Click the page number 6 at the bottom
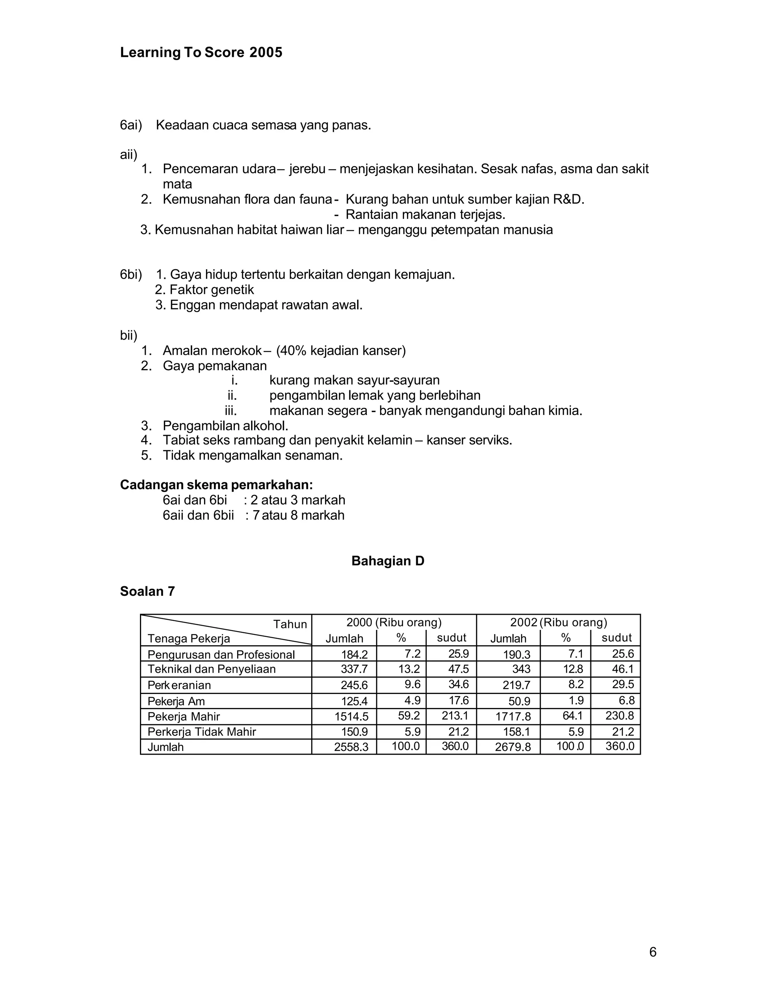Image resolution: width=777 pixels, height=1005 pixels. tap(653, 952)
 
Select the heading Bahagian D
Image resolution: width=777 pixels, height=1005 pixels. tap(388, 561)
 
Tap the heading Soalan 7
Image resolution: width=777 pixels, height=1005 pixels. tap(147, 591)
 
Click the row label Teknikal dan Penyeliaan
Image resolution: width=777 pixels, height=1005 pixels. tap(211, 669)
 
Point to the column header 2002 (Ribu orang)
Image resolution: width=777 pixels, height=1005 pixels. tap(558, 623)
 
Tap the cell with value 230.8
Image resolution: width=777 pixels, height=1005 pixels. tap(623, 716)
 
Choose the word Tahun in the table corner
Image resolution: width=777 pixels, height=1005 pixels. tap(290, 625)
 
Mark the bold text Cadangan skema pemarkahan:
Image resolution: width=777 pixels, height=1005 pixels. tap(216, 485)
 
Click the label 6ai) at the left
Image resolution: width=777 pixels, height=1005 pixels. tap(131, 125)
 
